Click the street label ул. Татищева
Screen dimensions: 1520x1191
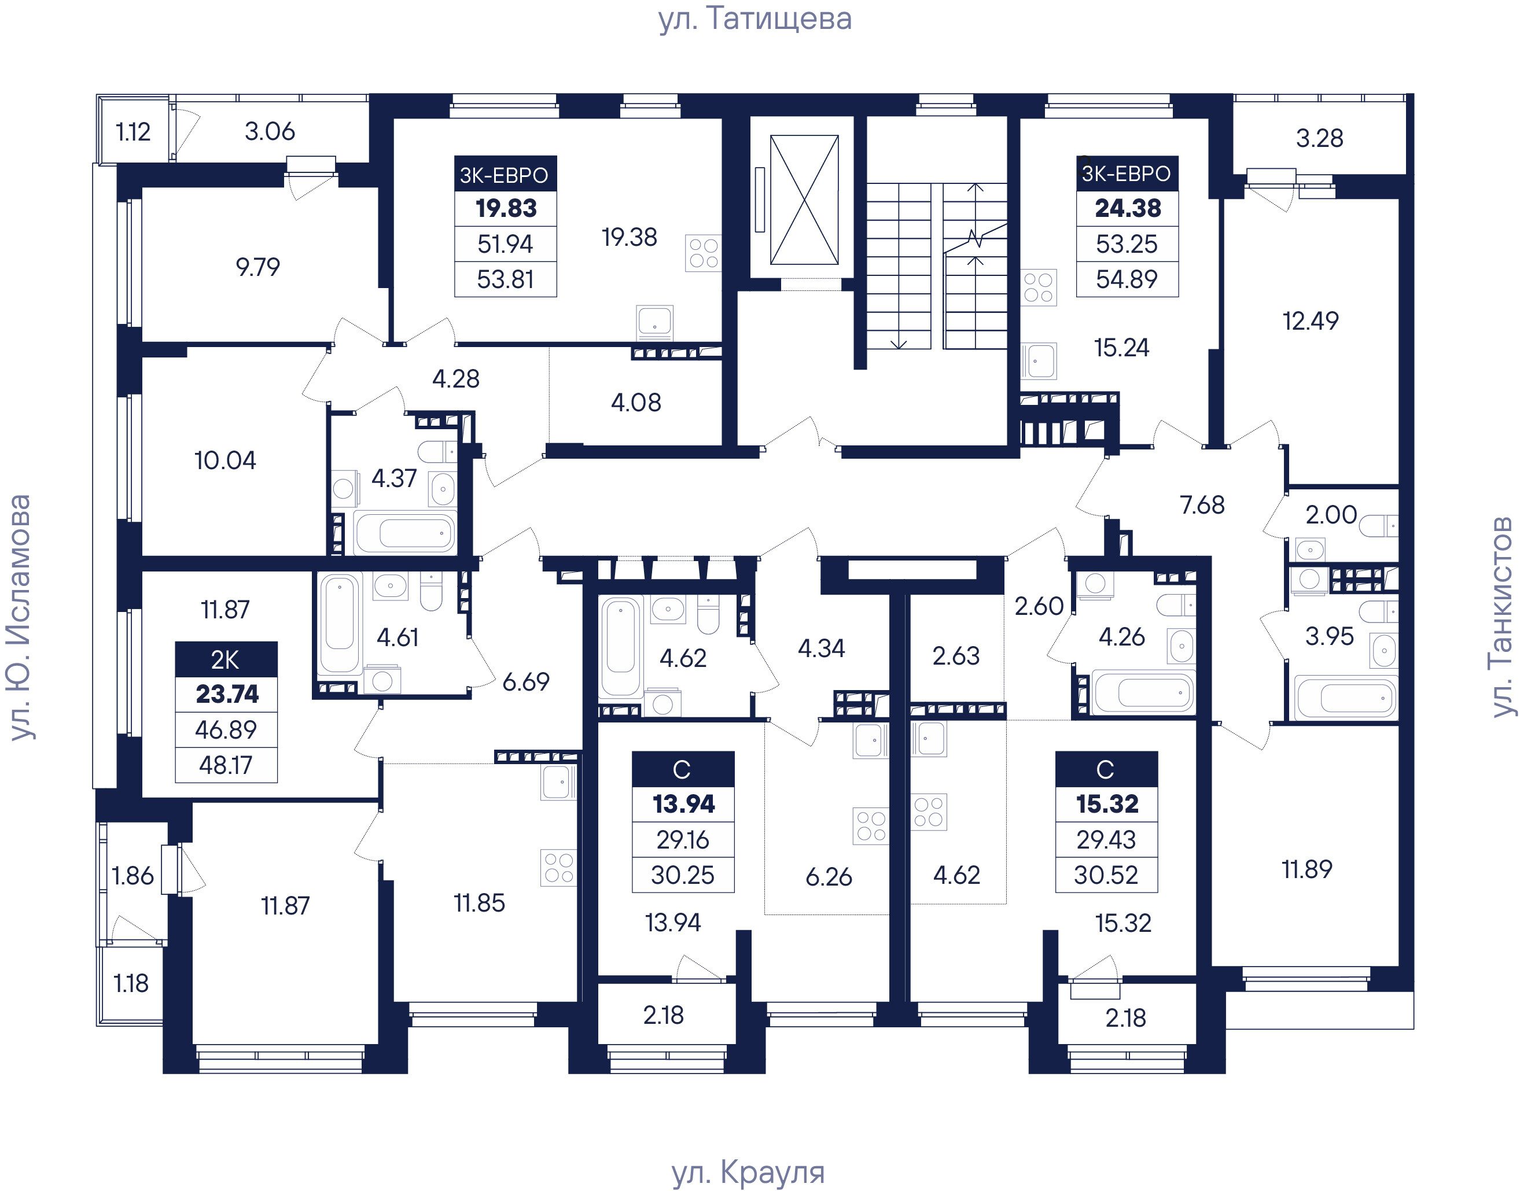point(755,20)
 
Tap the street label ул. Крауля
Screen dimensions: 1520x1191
point(748,1172)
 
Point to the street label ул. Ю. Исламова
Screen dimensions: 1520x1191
point(20,617)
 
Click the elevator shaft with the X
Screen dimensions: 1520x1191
point(804,200)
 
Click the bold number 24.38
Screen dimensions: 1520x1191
point(1127,208)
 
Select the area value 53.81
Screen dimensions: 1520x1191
point(505,279)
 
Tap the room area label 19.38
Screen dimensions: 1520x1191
point(629,237)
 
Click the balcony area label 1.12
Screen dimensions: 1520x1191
point(133,132)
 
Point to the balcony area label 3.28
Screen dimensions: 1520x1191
point(1319,138)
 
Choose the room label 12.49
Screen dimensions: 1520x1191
point(1310,321)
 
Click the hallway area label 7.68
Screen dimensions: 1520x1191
point(1202,504)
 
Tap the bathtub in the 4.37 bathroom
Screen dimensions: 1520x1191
point(405,533)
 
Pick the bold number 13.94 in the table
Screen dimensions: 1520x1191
point(683,804)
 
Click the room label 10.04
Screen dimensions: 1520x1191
point(224,460)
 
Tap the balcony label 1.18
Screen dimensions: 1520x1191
point(131,983)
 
